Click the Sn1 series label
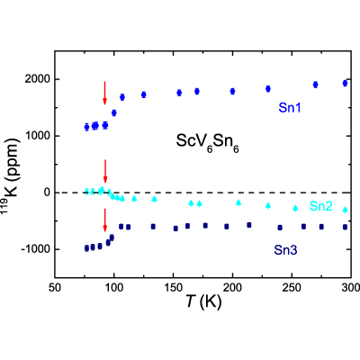(289, 108)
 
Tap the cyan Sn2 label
(320, 206)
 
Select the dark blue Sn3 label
(285, 250)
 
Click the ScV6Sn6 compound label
(207, 142)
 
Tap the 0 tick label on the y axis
(47, 193)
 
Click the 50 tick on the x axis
(55, 288)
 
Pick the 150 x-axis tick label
(173, 288)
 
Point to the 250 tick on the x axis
(292, 288)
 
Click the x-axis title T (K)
(203, 302)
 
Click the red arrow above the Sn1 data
(104, 93)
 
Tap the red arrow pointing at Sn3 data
(105, 220)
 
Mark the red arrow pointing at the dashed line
(105, 171)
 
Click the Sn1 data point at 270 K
(315, 85)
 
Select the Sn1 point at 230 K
(268, 89)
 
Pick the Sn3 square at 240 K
(280, 228)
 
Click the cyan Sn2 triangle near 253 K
(295, 208)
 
